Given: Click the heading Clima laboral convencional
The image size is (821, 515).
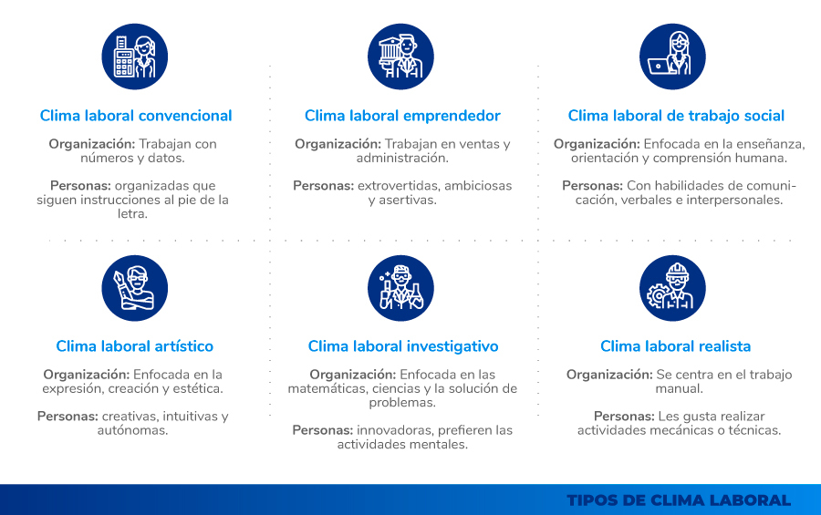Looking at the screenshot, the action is coord(136,116).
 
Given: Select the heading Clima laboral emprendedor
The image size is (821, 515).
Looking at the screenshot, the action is coord(402,116).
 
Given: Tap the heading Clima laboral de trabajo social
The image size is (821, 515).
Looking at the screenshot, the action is coord(676,116).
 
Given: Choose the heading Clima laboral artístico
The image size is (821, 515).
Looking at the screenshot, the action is coord(135,346).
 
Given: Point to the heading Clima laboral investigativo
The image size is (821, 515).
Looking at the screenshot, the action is coord(402,346).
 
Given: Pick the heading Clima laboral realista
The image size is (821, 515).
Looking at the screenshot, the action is coord(675,346).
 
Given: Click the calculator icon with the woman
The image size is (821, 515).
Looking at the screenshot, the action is coord(135,57).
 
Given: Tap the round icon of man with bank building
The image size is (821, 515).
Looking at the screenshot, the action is coord(400,57).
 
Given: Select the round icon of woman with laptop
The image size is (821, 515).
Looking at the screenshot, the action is coord(672,57).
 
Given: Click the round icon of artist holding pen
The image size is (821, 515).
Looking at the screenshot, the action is coord(135,288).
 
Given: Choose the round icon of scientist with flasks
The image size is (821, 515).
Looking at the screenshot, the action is coord(400,288).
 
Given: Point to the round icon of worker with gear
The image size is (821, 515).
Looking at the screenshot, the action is coord(672,288).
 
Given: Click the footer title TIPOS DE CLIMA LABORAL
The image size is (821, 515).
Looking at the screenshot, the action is coord(679,500).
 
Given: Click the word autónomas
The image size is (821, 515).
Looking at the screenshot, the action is coord(132,430).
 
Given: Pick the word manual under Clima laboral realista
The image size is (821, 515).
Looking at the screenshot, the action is coord(679,388).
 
